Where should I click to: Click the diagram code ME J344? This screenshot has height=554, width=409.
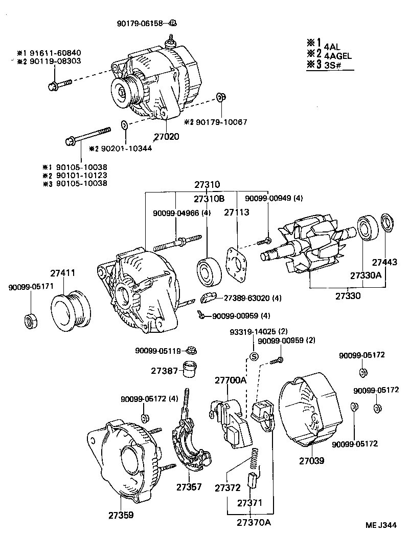(x=381, y=525)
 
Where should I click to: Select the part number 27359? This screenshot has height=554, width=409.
(x=120, y=515)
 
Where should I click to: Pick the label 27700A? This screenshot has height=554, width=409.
(x=230, y=380)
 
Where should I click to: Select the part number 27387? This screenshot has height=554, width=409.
(x=164, y=371)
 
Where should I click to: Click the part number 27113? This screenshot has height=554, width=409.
(x=236, y=211)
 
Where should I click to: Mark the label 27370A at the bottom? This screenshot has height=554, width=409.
(x=253, y=522)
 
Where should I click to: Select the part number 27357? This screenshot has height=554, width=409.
(x=189, y=486)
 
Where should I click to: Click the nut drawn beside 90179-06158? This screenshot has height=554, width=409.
(x=173, y=23)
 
